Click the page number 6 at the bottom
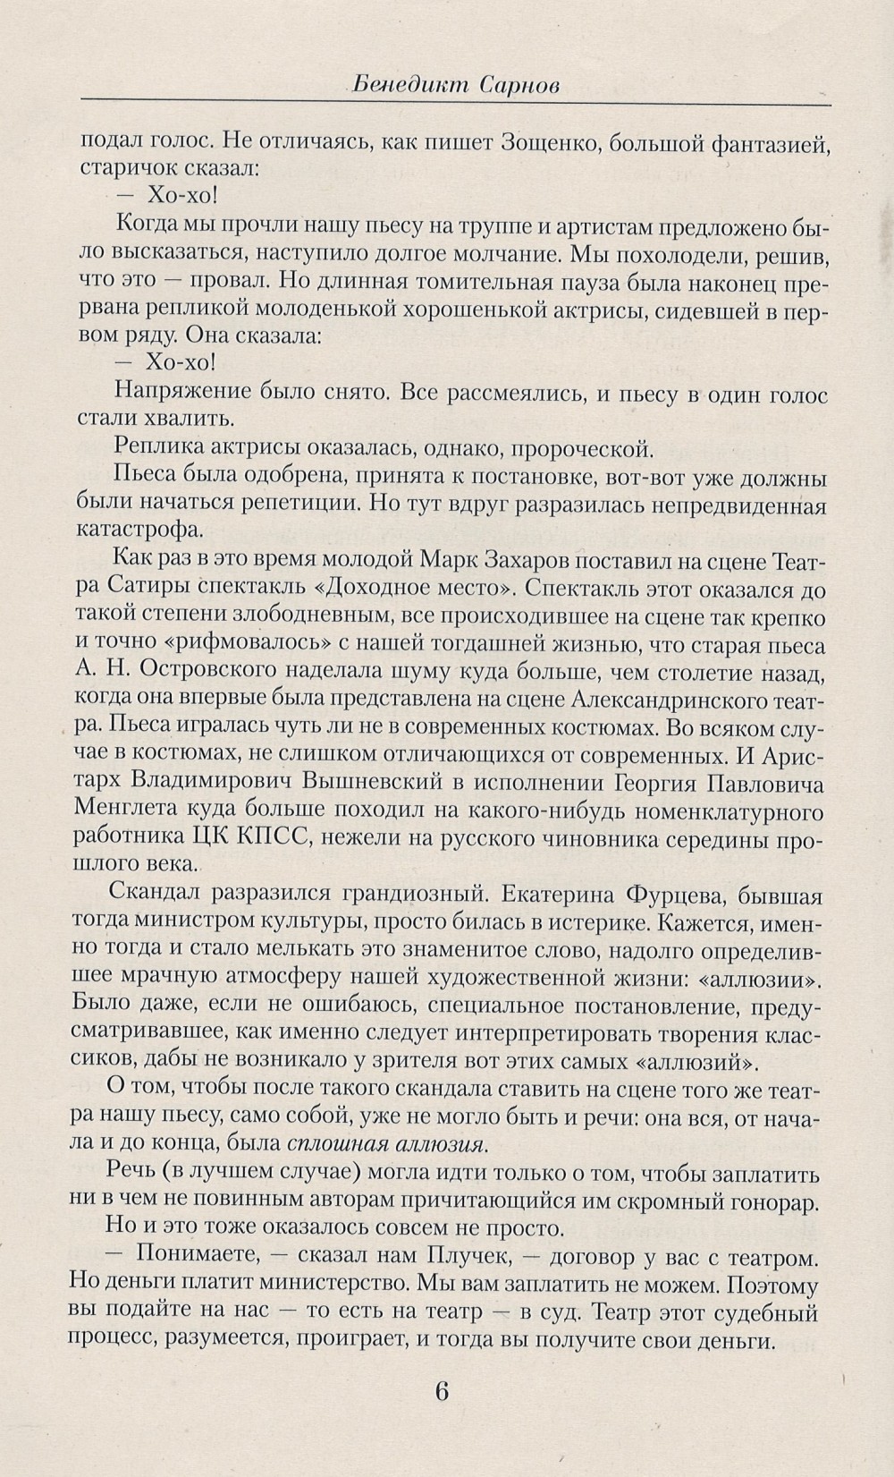coord(441,1393)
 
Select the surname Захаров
coord(518,561)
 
